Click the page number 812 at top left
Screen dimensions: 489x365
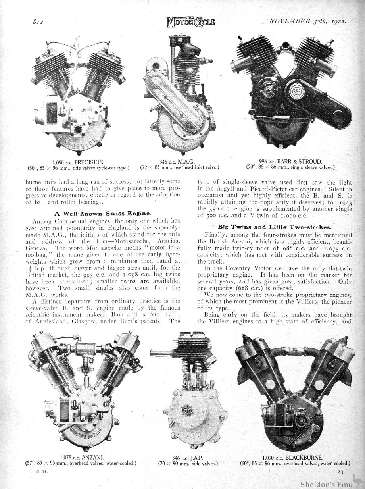tap(38, 22)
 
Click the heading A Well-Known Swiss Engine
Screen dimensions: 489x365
tap(102, 213)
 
